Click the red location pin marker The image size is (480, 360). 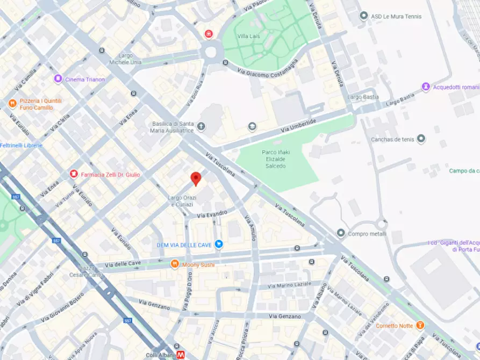[x=196, y=178]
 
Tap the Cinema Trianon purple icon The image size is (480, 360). [x=58, y=79]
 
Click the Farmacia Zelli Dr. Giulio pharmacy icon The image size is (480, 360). [x=74, y=174]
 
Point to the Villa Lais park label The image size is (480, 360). [x=249, y=36]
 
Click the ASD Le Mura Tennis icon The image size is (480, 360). [x=364, y=16]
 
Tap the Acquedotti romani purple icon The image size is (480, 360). [x=426, y=87]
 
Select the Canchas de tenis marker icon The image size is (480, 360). [x=421, y=139]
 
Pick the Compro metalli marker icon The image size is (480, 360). [x=340, y=233]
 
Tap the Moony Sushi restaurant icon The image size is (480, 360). [x=175, y=264]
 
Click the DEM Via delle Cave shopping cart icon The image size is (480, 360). [x=219, y=244]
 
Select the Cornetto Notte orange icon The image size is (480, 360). [x=420, y=325]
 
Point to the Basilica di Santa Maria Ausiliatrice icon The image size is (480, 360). [x=201, y=127]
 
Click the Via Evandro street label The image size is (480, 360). [x=212, y=214]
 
